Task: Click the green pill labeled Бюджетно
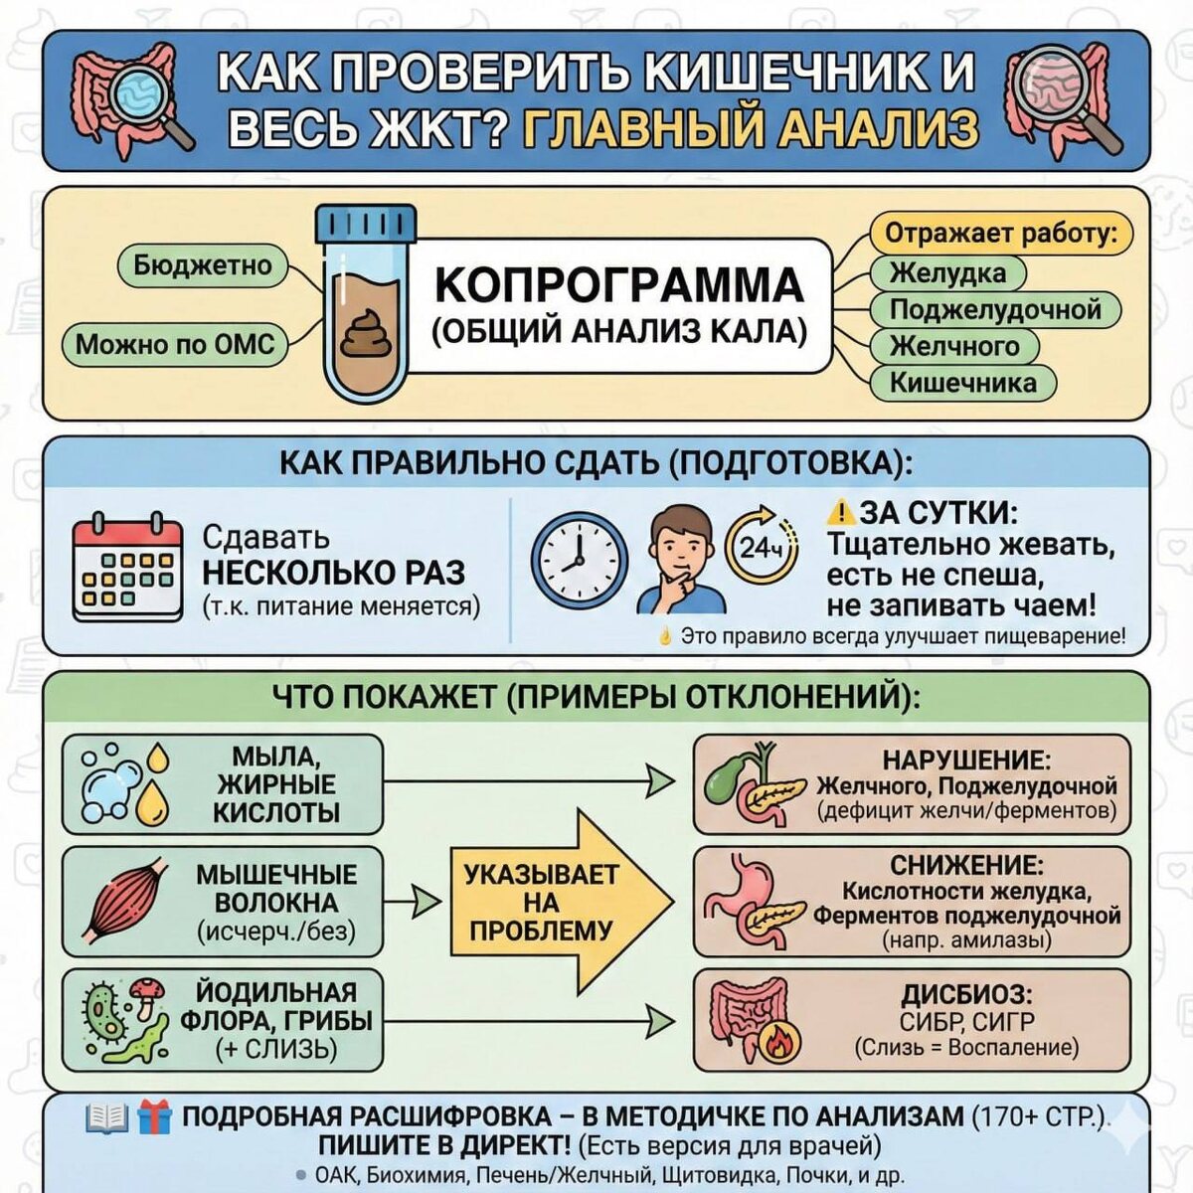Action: (x=203, y=266)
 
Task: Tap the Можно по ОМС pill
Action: (x=174, y=345)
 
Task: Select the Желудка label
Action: (x=946, y=272)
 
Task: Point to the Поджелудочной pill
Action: (x=995, y=309)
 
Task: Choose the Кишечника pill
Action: (x=961, y=383)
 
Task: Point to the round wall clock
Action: (x=579, y=561)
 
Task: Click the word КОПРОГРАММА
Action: (x=618, y=285)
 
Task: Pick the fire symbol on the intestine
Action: (x=778, y=1044)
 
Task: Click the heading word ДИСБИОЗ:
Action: (x=966, y=995)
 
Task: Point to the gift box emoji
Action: (x=154, y=1117)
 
